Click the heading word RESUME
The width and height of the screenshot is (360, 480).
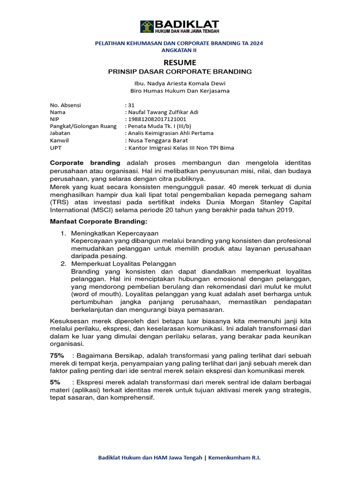click(x=180, y=62)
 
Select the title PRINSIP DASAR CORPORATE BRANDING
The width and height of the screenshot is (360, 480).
click(x=180, y=72)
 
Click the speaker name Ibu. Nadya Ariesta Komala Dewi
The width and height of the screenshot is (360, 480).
click(x=180, y=83)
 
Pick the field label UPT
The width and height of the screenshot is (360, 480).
click(x=55, y=147)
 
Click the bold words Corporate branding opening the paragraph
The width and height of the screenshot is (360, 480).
click(x=85, y=163)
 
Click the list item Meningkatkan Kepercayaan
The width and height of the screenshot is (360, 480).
click(x=115, y=233)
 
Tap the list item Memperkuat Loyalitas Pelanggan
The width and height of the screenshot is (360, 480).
click(x=123, y=264)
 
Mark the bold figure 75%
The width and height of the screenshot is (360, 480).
click(x=57, y=356)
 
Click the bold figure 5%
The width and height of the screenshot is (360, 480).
click(x=55, y=382)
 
